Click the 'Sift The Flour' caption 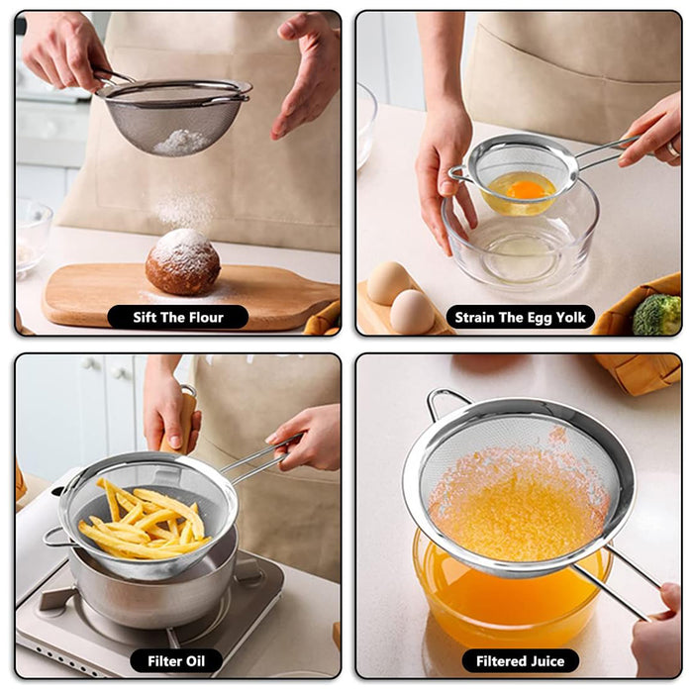[178, 318]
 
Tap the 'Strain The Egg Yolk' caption [521, 318]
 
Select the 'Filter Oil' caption [177, 660]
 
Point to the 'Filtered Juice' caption [521, 660]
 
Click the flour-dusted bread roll [182, 262]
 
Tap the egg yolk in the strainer [526, 189]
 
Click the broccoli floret [657, 315]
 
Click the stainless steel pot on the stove [158, 589]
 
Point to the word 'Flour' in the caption [205, 318]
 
